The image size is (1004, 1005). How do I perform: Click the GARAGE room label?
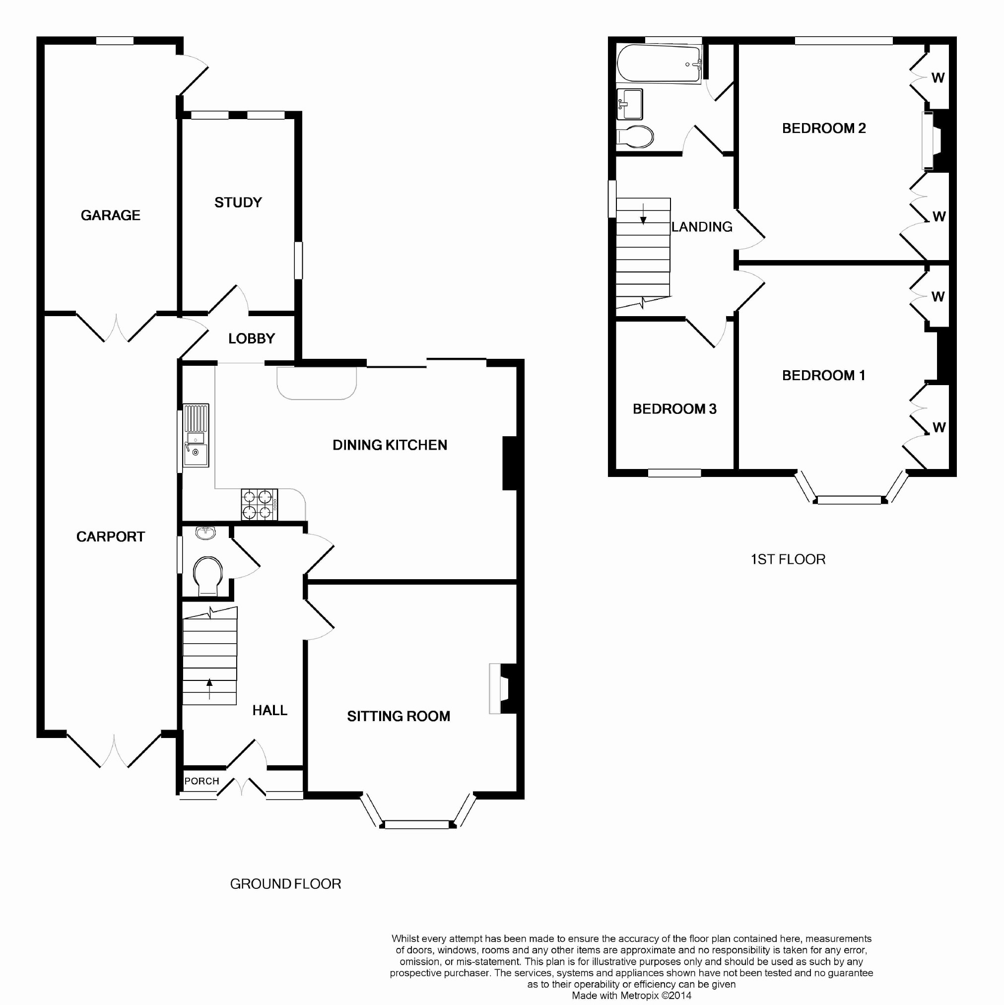(110, 215)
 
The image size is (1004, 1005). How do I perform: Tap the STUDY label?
(238, 202)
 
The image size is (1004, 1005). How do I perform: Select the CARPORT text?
(110, 537)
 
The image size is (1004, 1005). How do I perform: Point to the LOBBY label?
(252, 338)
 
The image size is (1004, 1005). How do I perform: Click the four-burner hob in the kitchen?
(259, 504)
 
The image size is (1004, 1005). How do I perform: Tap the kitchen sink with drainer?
(196, 435)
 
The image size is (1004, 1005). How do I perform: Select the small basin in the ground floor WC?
(206, 533)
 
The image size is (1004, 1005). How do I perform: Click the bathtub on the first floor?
(659, 64)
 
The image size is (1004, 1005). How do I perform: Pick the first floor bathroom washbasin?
(629, 104)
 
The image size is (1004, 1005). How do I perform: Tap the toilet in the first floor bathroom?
(635, 137)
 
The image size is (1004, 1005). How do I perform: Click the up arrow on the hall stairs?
(209, 689)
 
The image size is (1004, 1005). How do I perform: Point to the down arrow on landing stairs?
(644, 214)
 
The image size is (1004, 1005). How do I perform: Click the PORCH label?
(202, 781)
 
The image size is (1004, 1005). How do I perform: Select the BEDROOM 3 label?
(674, 409)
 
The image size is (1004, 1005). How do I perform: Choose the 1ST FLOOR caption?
(788, 559)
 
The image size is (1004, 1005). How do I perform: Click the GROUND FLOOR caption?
(285, 884)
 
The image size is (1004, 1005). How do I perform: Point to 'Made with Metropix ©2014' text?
(631, 996)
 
